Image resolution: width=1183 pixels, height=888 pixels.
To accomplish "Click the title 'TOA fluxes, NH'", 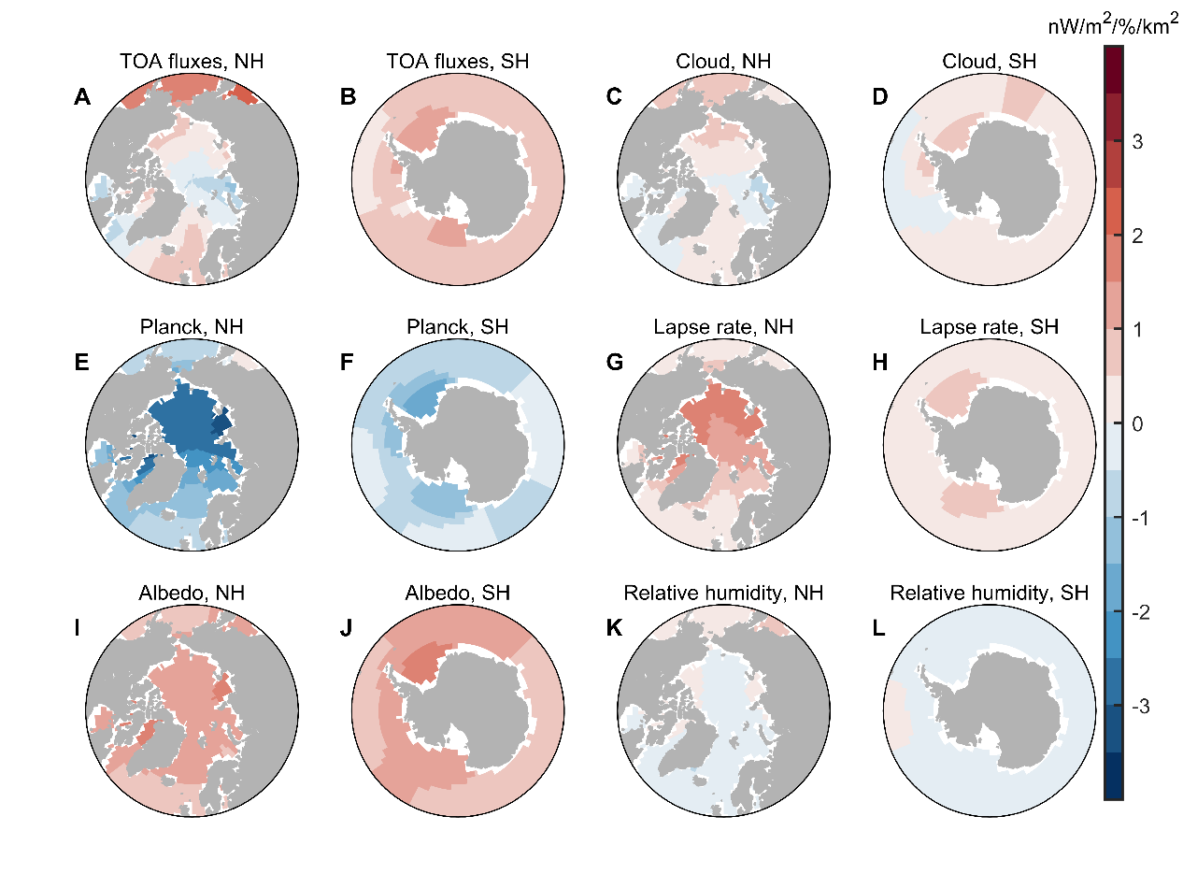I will pyautogui.click(x=192, y=63).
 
